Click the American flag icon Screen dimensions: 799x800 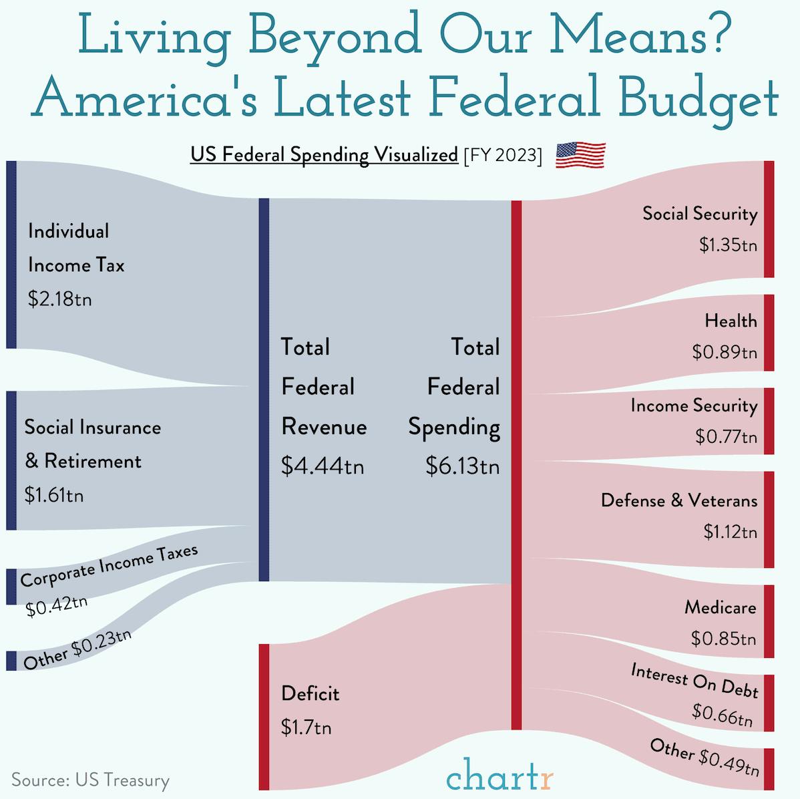(580, 155)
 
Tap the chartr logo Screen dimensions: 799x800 (499, 777)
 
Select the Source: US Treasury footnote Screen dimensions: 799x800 (90, 780)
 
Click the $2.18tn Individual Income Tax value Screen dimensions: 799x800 (59, 299)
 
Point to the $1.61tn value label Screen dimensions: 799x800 (53, 495)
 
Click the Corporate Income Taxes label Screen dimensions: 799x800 (109, 566)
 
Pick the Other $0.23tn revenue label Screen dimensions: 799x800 (77, 649)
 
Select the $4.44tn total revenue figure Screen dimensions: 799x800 (322, 466)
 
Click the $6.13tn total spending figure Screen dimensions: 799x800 (462, 466)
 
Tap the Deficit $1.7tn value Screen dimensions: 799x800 (306, 727)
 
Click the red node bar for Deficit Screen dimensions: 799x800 (263, 716)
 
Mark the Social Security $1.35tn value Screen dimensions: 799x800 (728, 245)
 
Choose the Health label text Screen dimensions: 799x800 (731, 321)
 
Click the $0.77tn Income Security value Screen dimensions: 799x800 (726, 437)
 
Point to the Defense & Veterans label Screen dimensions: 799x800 (678, 500)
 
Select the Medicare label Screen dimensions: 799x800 (720, 607)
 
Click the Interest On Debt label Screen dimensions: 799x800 (694, 681)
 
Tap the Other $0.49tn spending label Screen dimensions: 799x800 (705, 757)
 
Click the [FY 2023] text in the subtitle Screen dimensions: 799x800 (502, 155)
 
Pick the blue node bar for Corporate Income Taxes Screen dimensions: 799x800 (11, 587)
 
